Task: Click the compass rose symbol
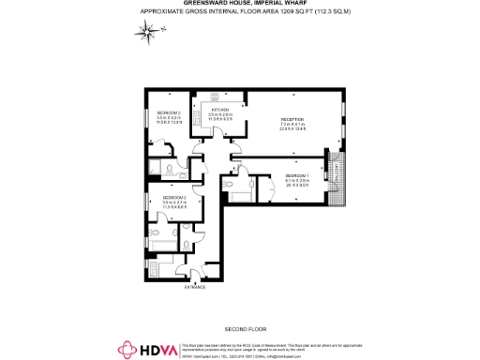(x=148, y=34)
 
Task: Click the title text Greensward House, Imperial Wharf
(x=240, y=4)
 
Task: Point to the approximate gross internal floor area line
(x=240, y=11)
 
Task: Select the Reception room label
(x=292, y=120)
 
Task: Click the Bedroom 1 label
(x=296, y=174)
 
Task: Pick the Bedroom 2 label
(x=169, y=112)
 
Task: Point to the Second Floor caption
(x=240, y=330)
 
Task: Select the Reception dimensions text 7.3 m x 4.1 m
(x=292, y=126)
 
